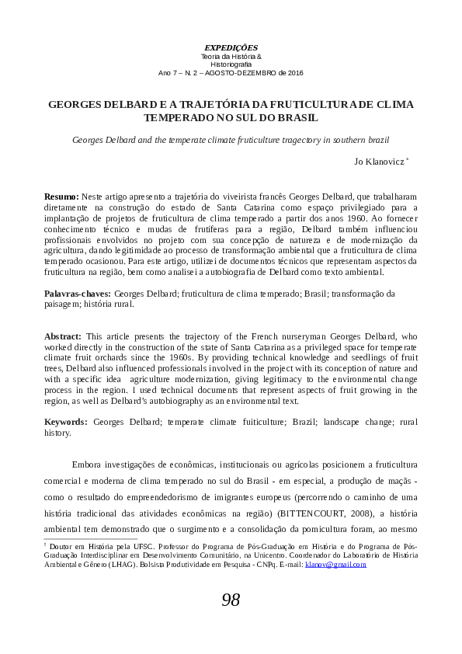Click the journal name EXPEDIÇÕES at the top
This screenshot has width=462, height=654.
click(231, 47)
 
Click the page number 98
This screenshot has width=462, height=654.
click(231, 600)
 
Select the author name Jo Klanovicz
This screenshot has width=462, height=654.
click(379, 162)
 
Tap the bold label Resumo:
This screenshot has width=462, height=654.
click(61, 198)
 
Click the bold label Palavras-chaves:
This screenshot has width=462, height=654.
click(78, 294)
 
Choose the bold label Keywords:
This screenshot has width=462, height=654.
click(65, 421)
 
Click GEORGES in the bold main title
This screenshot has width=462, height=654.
click(76, 104)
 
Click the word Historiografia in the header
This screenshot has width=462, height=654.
click(231, 64)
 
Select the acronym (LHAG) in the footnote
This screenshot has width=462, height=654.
click(101, 565)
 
